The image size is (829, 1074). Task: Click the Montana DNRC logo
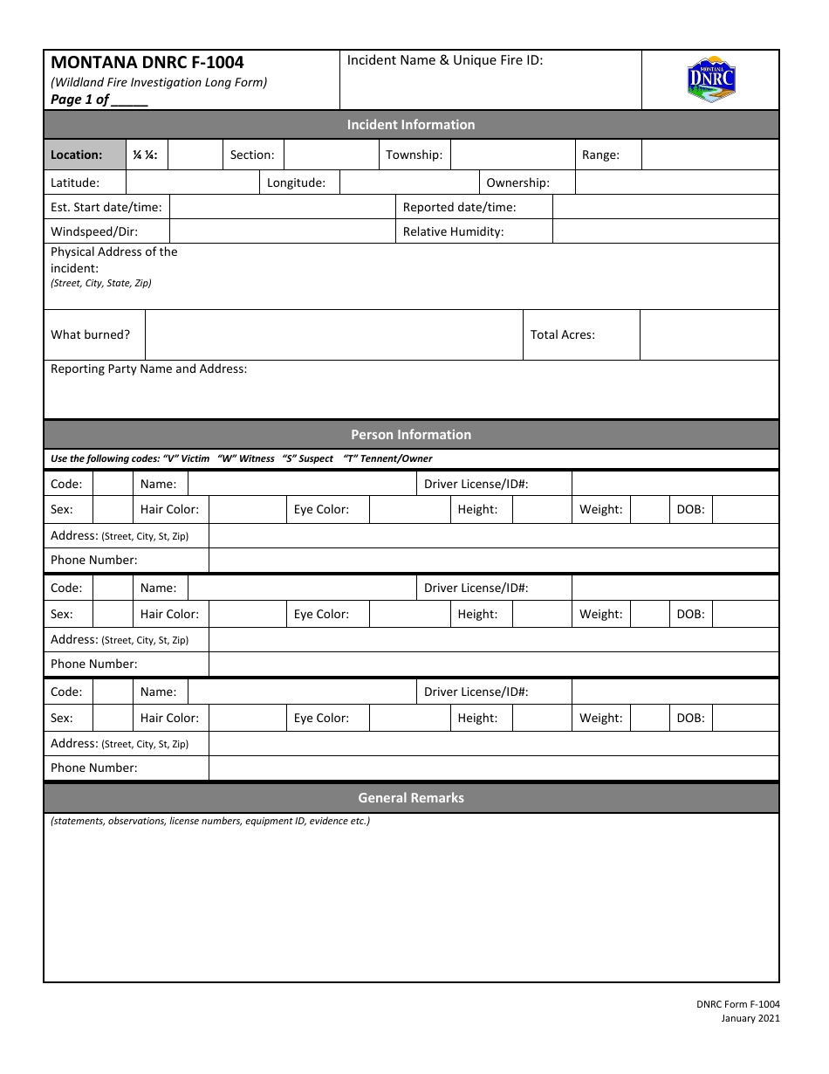pyautogui.click(x=711, y=80)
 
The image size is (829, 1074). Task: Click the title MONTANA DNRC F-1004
pyautogui.click(x=147, y=62)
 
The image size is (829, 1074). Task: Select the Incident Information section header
pyautogui.click(x=411, y=125)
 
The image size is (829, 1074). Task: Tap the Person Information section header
pyautogui.click(x=411, y=435)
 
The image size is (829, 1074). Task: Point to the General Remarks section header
pyautogui.click(x=411, y=798)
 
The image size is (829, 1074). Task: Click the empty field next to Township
pyautogui.click(x=512, y=155)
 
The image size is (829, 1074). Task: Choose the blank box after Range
pyautogui.click(x=709, y=155)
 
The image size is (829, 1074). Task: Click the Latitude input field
pyautogui.click(x=193, y=182)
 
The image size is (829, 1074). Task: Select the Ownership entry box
pyautogui.click(x=676, y=182)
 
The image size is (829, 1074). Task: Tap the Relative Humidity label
pyautogui.click(x=453, y=231)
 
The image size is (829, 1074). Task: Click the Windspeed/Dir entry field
pyautogui.click(x=282, y=231)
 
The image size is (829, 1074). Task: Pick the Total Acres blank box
pyautogui.click(x=709, y=335)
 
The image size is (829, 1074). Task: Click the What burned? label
pyautogui.click(x=91, y=334)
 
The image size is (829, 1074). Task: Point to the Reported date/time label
pyautogui.click(x=459, y=207)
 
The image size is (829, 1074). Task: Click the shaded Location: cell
pyautogui.click(x=85, y=155)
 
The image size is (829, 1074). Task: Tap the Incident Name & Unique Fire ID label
pyautogui.click(x=445, y=60)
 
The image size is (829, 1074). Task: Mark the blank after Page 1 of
pyautogui.click(x=130, y=100)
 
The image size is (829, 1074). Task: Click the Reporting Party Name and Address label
pyautogui.click(x=149, y=368)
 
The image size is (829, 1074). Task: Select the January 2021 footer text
pyautogui.click(x=750, y=1018)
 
